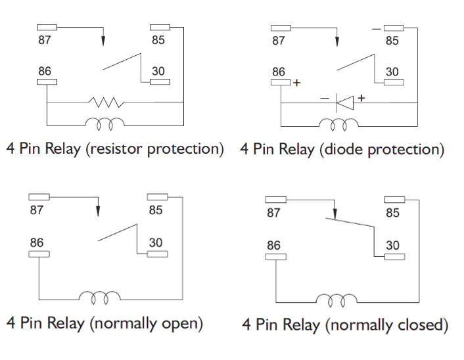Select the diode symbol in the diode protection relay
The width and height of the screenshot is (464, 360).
(x=344, y=102)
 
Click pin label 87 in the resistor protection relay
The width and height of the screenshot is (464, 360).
(x=45, y=39)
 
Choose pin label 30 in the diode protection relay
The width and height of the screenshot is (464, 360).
(x=392, y=72)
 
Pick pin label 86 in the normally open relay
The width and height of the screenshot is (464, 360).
(x=37, y=243)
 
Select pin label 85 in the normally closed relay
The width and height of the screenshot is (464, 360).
(x=392, y=213)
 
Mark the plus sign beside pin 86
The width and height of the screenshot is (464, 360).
(x=297, y=83)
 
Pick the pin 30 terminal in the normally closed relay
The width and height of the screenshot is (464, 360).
(x=393, y=256)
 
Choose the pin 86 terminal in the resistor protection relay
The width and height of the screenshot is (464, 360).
(x=47, y=81)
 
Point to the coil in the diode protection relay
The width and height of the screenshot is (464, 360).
(x=339, y=124)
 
